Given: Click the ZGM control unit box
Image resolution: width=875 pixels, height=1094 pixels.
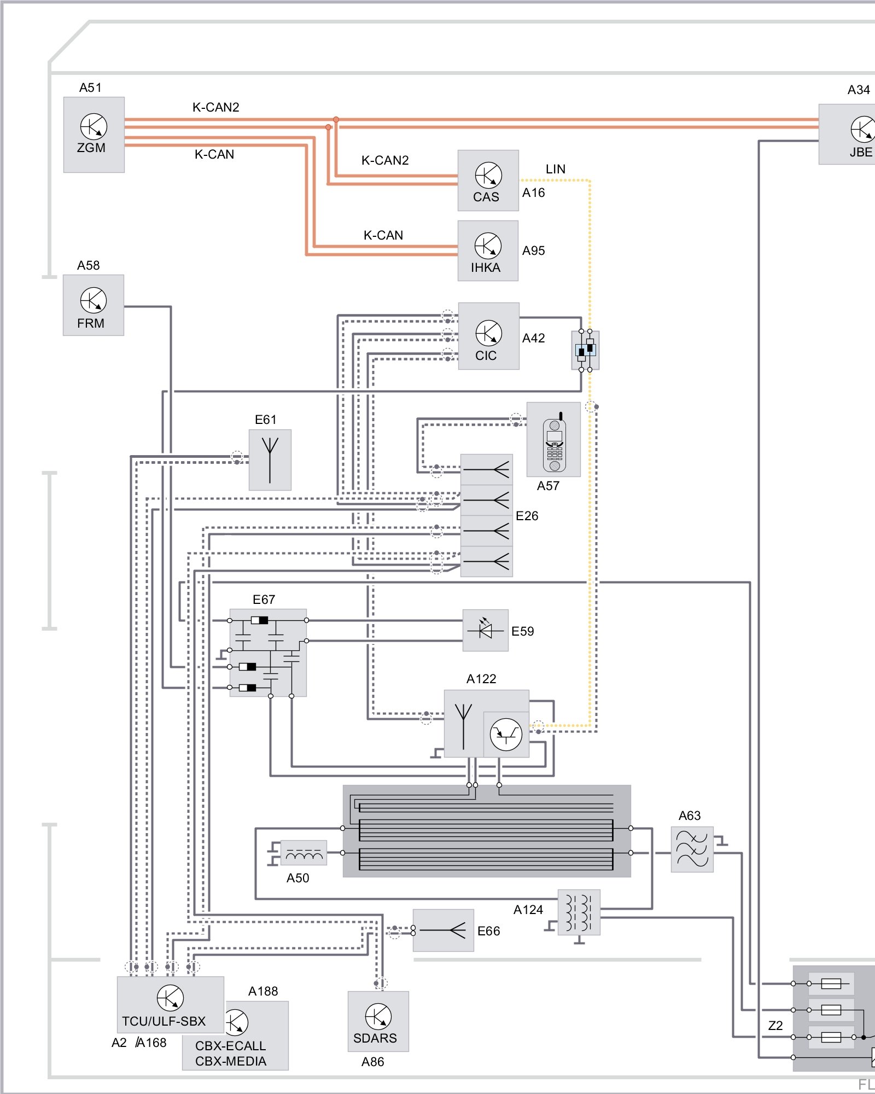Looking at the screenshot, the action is [x=94, y=135].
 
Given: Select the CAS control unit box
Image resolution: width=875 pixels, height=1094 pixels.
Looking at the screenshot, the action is [x=488, y=181].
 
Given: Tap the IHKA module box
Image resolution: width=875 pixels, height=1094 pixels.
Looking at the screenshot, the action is [x=488, y=251].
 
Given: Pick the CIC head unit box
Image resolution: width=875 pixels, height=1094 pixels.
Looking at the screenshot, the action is [x=488, y=336].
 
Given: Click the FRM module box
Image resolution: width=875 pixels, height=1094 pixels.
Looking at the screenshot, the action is [x=94, y=305].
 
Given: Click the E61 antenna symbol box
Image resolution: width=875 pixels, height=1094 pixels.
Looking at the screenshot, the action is [x=270, y=459].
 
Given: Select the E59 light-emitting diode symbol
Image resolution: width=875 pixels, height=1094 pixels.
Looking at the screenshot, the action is [x=485, y=630].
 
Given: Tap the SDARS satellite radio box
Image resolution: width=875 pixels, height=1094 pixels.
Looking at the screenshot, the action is [x=378, y=1021].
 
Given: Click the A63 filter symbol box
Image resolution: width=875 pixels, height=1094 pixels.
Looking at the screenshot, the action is [x=692, y=849].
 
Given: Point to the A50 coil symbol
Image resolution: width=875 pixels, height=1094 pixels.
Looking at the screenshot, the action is [x=304, y=852].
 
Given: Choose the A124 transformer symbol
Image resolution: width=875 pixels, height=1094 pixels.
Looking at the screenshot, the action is [x=579, y=912].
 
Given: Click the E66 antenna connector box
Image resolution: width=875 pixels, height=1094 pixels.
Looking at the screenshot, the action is [x=443, y=930].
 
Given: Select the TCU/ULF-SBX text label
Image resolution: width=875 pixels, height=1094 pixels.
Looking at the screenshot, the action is [x=164, y=1021].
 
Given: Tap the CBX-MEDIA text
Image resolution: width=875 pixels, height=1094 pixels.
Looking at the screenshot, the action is [x=231, y=1061].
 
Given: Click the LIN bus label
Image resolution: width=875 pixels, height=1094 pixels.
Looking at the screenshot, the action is [x=556, y=169].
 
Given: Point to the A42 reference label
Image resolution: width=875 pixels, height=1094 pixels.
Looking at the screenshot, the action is [x=534, y=338].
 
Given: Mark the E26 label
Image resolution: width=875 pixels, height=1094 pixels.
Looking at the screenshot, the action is [x=527, y=516].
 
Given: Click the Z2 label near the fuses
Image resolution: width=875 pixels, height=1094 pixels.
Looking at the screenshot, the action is [x=775, y=1026].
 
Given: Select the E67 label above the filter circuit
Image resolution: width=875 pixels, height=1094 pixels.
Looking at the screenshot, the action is [x=264, y=600].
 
